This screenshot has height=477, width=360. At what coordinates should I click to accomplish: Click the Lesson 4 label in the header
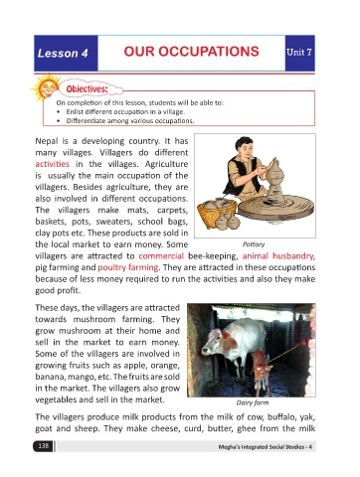63,53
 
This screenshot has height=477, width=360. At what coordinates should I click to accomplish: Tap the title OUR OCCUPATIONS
191,52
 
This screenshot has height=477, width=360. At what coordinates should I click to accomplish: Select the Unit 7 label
299,52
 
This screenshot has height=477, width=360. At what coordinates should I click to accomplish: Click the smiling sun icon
47,87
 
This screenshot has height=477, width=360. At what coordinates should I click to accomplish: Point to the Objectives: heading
87,89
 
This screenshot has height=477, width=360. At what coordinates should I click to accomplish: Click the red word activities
53,164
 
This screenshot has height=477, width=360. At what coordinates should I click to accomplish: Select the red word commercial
161,256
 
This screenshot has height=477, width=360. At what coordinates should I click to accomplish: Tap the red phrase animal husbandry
278,256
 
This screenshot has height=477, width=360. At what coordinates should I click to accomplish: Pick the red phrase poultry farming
128,267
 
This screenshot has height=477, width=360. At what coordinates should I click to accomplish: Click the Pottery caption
254,244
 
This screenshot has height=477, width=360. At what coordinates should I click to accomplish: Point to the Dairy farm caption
253,402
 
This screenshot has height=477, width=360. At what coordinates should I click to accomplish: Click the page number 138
44,446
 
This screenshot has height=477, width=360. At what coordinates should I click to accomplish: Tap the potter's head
244,147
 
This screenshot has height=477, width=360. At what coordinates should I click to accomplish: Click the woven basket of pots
217,213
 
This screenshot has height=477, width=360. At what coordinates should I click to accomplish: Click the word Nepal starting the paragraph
47,141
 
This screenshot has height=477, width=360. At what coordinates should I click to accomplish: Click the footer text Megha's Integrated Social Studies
262,447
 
